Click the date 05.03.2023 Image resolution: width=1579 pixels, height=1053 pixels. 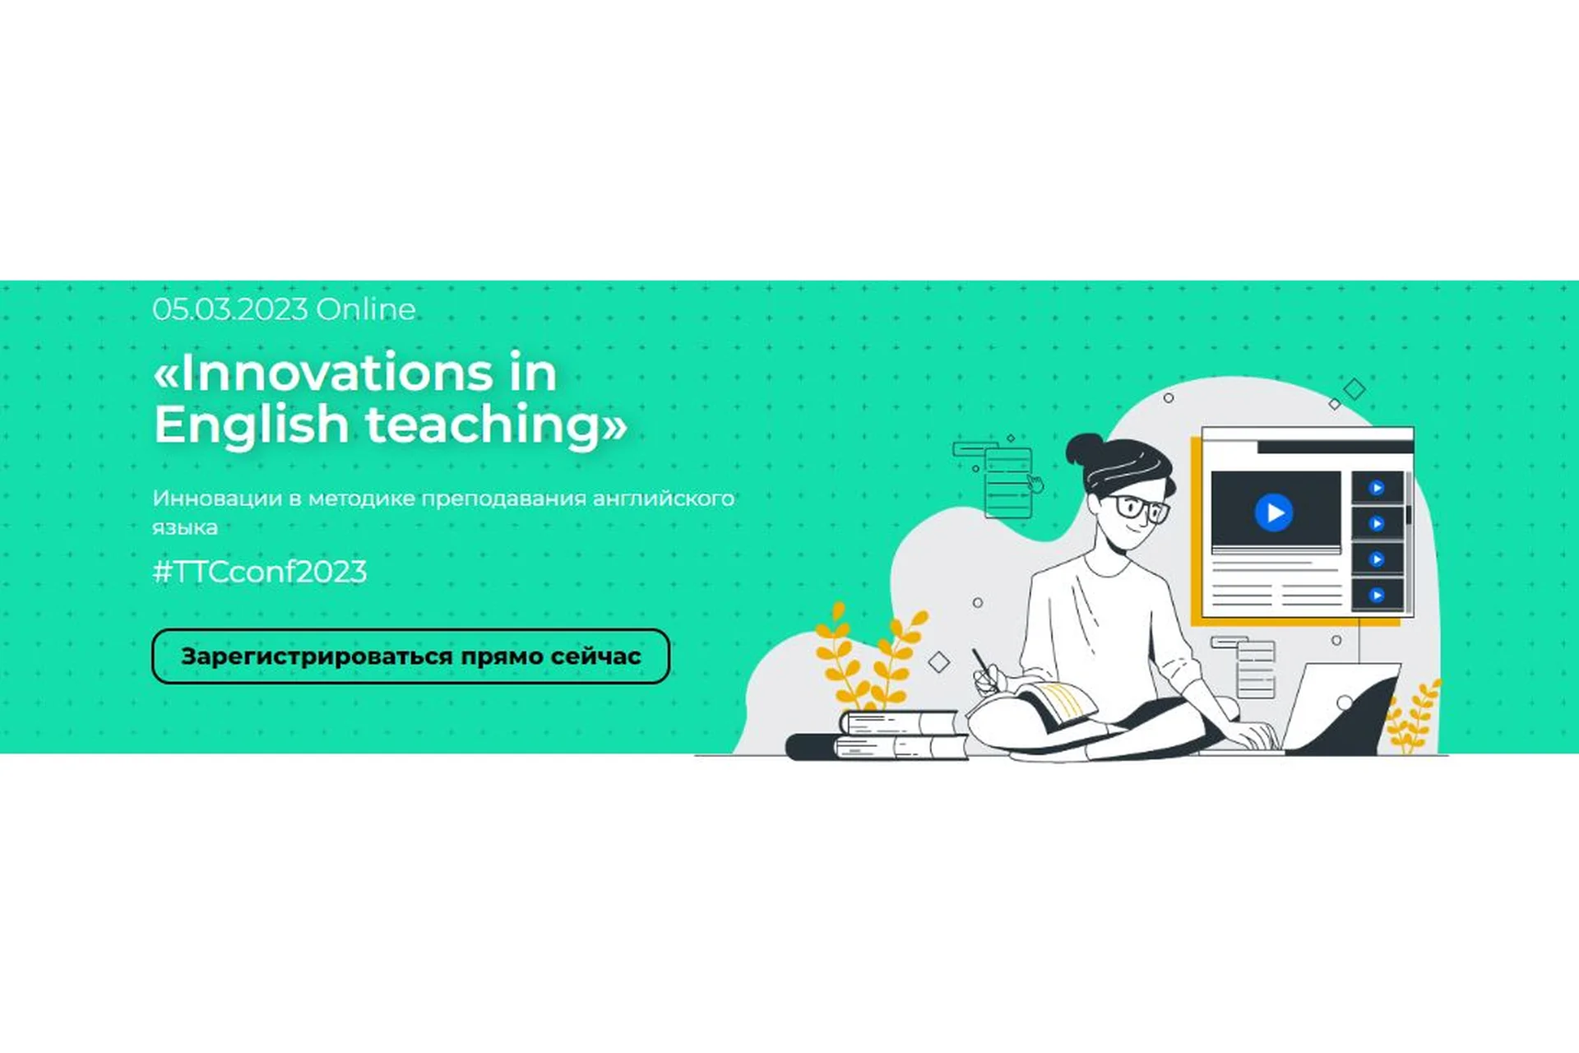click(230, 309)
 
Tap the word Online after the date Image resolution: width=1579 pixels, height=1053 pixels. click(366, 309)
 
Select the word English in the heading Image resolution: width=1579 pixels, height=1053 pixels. click(252, 424)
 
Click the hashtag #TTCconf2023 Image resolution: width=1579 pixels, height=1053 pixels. click(260, 572)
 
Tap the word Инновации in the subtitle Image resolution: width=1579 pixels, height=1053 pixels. click(216, 499)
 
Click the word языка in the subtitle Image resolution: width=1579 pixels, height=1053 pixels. click(185, 527)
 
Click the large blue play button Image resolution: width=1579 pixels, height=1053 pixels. click(1274, 513)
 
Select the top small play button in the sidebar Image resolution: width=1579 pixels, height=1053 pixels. click(1377, 488)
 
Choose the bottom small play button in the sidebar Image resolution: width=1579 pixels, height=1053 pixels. click(1377, 595)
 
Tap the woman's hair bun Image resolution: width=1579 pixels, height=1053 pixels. click(1084, 449)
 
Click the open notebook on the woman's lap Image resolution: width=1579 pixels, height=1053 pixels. click(1057, 705)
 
